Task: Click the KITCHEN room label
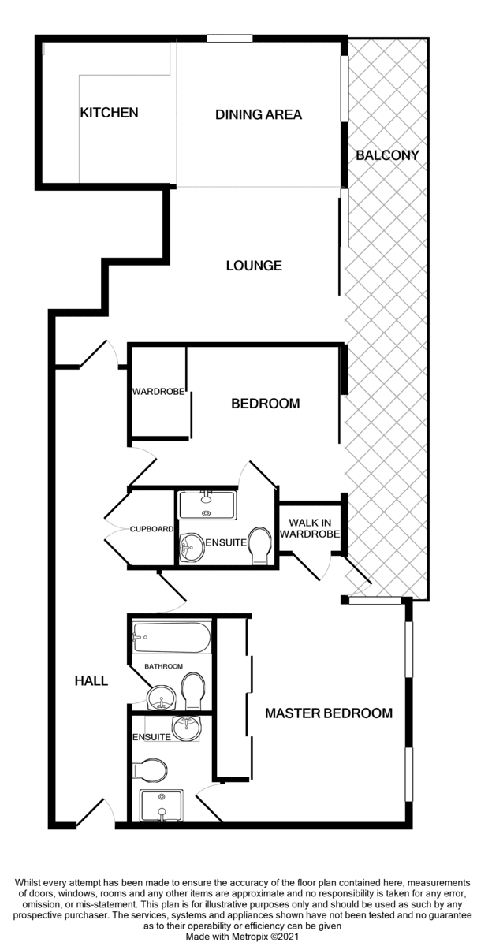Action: coord(109,112)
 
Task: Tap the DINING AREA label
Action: coord(258,114)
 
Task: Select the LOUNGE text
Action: coord(254,266)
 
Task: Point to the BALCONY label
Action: coord(387,155)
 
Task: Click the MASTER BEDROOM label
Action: coord(329,713)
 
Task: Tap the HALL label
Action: coord(91,680)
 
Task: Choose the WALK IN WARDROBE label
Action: coord(310,529)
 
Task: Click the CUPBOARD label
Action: coord(151,529)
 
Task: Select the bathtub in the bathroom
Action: coord(171,637)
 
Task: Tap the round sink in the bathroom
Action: coord(161,698)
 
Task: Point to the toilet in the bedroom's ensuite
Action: coord(260,546)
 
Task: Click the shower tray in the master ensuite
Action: coord(162,806)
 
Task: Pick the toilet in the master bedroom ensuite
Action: coord(150,770)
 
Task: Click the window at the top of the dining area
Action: coord(229,39)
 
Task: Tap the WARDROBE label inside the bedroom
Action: coord(158,392)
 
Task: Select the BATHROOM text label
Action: coord(163,666)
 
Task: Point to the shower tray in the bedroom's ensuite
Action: coord(207,505)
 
